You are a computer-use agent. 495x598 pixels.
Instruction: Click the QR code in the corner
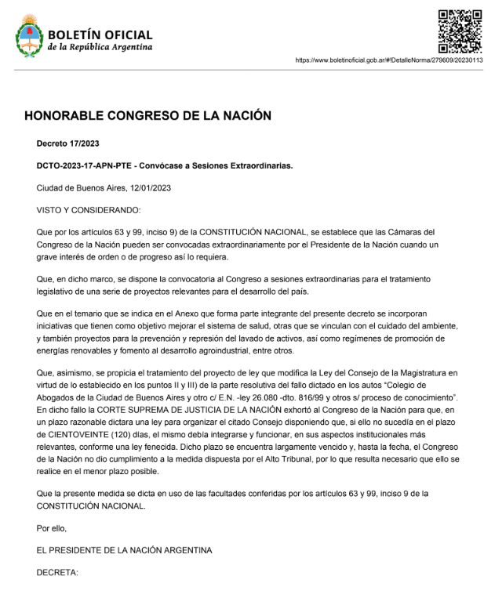459,31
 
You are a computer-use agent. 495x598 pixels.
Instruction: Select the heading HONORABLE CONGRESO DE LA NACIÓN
147,116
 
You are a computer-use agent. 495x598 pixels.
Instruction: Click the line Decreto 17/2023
67,143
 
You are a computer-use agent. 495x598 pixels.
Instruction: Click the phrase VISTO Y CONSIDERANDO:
89,211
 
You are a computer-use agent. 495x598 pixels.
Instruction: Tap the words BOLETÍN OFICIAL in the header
100,35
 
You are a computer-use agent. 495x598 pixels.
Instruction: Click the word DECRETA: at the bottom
58,573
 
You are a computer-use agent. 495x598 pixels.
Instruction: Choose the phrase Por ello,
53,528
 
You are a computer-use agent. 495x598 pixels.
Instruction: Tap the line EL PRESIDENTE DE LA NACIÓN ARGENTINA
124,550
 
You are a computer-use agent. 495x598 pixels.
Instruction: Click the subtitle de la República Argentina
100,48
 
